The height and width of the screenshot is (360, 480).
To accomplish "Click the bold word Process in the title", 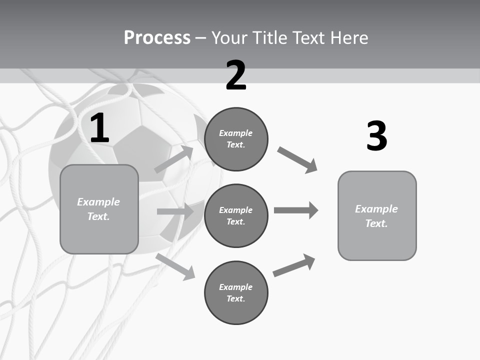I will [157, 37].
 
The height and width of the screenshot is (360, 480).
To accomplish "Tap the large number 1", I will [99, 128].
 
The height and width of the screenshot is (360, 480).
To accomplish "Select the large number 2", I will [236, 75].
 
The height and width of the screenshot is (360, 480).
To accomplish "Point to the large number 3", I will [376, 136].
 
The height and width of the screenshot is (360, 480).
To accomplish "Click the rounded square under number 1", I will [99, 209].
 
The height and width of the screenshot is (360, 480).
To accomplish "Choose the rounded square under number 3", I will [377, 215].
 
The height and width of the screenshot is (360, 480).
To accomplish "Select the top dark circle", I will [236, 139].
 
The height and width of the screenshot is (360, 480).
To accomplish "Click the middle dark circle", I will [236, 215].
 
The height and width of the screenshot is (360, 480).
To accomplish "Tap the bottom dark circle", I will [236, 292].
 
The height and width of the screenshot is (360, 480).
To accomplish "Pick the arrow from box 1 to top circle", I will [173, 159].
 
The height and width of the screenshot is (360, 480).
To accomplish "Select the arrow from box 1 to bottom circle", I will [175, 266].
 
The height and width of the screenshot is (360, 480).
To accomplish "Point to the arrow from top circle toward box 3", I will [297, 160].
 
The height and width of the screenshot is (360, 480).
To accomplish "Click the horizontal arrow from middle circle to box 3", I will [295, 210].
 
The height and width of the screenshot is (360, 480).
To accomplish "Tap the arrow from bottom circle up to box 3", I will [294, 265].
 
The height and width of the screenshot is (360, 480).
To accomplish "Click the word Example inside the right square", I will [376, 209].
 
